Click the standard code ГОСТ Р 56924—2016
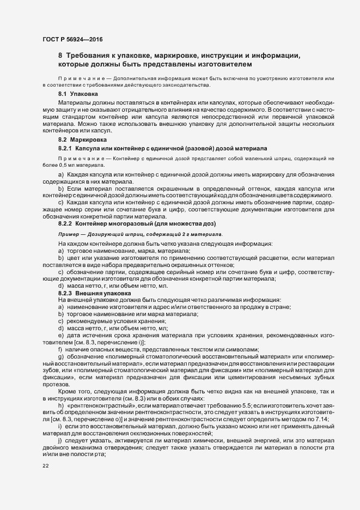[x=72, y=39]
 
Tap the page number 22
[x=45, y=466]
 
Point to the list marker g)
[x=60, y=356]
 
